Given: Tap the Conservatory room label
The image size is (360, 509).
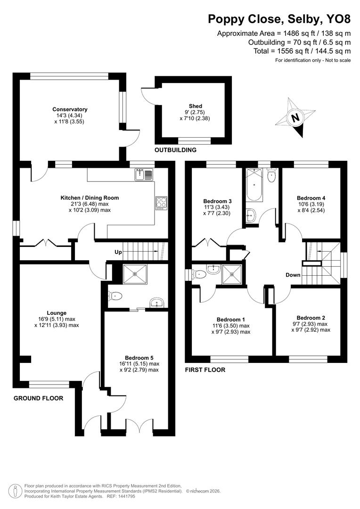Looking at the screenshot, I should pos(70,109).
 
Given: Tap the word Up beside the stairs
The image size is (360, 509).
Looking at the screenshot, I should pos(118,252).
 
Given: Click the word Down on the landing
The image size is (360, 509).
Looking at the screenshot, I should pos(293,275).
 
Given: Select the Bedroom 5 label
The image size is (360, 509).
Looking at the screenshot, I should pos(139,357).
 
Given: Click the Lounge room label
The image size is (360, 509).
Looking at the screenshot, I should pos(57,312).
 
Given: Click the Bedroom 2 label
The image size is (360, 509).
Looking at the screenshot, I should pos(311,318).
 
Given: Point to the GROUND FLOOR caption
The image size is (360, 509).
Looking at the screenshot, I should pos(38,398).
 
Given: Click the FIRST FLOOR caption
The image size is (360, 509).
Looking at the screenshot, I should pos(205,370).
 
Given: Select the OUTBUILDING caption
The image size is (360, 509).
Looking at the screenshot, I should pos(175,150).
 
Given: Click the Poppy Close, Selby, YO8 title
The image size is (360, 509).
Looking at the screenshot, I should pos(279,19).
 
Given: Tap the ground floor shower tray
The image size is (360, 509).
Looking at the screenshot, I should pos(135,274).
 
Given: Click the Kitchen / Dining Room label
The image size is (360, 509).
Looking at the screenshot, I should pos(90,198).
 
